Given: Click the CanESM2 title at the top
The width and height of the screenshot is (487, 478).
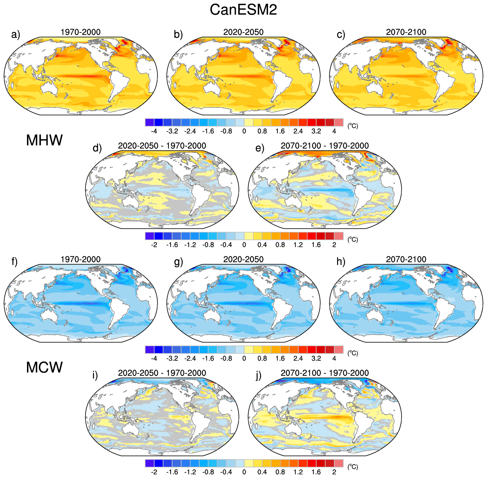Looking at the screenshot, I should click(x=243, y=9).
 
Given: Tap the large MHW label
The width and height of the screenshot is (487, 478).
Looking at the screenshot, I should click(x=44, y=140).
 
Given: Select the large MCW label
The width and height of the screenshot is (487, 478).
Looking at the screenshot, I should click(x=44, y=368).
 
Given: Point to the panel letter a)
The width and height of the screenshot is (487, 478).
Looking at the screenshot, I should click(x=16, y=34).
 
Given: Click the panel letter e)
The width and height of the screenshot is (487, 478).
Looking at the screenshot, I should click(x=260, y=148).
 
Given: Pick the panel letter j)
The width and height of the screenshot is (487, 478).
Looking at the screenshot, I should click(x=259, y=375).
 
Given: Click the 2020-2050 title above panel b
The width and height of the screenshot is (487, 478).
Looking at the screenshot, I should click(x=243, y=32).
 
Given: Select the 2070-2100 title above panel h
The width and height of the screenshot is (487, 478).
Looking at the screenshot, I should click(x=406, y=259).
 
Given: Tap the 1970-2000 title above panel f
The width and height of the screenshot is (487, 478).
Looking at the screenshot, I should click(x=81, y=259).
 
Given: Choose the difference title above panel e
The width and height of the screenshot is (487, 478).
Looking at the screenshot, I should click(x=325, y=146).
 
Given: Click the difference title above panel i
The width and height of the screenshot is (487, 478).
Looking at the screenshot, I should click(x=162, y=373).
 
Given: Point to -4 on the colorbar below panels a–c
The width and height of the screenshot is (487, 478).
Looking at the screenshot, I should click(x=154, y=131).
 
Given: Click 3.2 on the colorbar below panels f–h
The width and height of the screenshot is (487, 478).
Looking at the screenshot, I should click(x=316, y=358).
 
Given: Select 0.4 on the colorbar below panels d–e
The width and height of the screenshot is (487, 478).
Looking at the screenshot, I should click(x=262, y=245).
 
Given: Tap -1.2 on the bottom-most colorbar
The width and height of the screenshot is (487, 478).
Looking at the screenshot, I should click(x=190, y=472).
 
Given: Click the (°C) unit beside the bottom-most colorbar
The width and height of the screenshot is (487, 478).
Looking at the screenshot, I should click(x=352, y=467).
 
